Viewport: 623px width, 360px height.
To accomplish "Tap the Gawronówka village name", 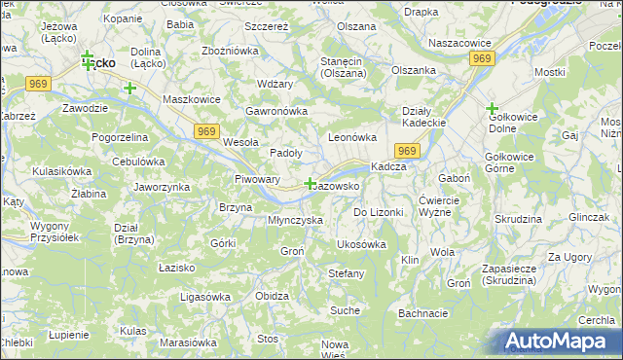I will pos(276,111).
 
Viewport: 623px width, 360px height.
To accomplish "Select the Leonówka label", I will pos(352,137).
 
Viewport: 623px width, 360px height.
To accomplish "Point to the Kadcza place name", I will pos(388,166).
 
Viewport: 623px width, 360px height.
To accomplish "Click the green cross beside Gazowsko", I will pos(310,184).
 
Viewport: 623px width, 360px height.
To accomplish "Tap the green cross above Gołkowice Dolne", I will pos(492,108).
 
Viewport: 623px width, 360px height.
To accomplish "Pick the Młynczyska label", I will pos(295,220).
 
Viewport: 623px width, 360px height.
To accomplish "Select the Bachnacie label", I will pos(422,313).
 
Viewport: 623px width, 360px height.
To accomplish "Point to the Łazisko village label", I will pos(176,266).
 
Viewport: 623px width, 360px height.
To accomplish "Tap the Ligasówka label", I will pos(204,295).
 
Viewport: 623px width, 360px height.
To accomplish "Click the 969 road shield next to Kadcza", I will pos(407,151).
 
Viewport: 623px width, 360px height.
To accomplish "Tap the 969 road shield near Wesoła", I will pos(205,131).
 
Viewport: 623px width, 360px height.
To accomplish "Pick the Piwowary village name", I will pos(257,180).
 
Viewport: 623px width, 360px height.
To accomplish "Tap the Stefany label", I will pos(346,273).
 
